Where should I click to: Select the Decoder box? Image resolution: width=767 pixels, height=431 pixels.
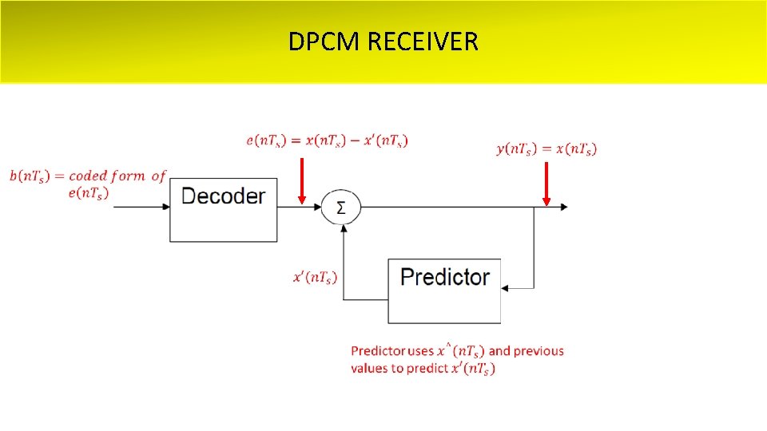(x=223, y=209)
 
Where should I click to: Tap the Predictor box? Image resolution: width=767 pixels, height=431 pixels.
(x=444, y=291)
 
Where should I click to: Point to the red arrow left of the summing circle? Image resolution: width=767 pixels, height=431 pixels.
(x=301, y=180)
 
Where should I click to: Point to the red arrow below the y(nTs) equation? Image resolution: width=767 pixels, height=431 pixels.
(x=546, y=184)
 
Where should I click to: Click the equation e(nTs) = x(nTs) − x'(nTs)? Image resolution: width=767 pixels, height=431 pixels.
(x=327, y=141)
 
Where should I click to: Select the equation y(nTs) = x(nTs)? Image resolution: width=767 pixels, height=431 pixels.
(x=546, y=148)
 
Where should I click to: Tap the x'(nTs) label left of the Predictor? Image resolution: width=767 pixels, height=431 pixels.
(x=315, y=278)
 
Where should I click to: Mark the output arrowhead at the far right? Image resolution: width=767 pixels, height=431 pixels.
(x=564, y=208)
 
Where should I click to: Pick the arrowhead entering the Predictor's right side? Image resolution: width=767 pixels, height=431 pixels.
(x=507, y=287)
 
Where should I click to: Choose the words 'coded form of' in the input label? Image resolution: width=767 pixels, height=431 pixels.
(x=117, y=176)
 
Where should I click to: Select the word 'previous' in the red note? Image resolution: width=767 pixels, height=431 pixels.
(x=538, y=351)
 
